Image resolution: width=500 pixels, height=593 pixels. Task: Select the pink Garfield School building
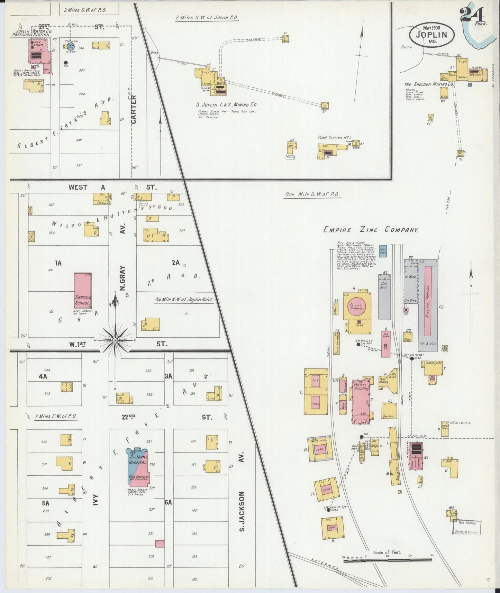tap(83, 290)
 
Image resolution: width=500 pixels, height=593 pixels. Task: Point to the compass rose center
tap(115, 340)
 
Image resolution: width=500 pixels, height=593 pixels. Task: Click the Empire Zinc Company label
tap(371, 230)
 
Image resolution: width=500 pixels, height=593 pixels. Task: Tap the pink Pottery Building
tap(361, 401)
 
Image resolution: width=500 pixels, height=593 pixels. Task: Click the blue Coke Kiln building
tap(383, 251)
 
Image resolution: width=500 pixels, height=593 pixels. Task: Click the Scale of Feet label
tap(387, 552)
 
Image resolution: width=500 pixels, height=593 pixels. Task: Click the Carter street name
tap(134, 109)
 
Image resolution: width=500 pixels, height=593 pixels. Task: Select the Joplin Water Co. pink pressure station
tap(39, 55)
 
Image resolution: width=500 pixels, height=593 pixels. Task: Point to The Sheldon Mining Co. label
tap(429, 84)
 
